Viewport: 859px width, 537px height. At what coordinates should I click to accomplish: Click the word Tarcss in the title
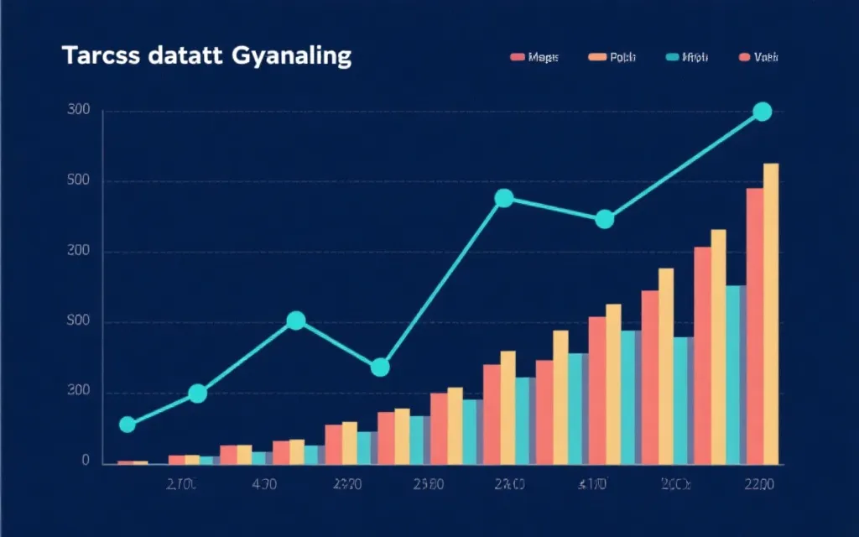coord(95,56)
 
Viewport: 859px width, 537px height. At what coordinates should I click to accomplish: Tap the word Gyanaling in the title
coord(285,57)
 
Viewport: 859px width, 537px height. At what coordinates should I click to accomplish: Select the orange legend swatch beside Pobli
coord(597,57)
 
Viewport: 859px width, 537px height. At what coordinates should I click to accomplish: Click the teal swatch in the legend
coord(673,57)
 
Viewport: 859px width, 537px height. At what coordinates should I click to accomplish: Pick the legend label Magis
coord(544,57)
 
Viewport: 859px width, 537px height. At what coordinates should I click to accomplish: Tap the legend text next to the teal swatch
coord(696,57)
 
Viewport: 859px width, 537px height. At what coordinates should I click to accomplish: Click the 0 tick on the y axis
coord(86,461)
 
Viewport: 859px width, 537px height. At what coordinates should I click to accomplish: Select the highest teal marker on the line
coord(762,112)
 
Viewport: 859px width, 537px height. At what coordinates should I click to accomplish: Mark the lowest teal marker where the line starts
coord(128,425)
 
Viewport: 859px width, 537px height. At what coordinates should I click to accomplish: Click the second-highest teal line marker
coord(504,199)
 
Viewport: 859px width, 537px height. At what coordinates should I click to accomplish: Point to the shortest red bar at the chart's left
coord(125,462)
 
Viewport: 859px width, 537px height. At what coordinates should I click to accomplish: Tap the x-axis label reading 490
coord(265,484)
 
